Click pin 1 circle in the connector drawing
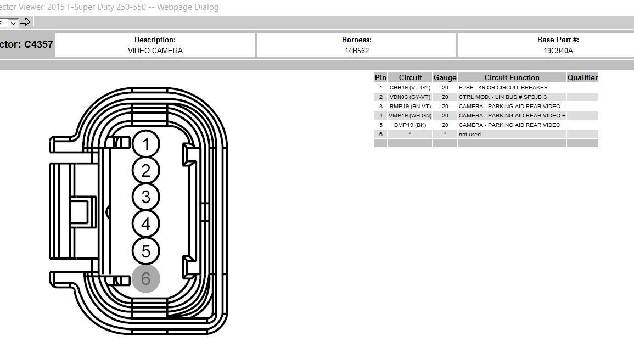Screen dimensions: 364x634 (x=145, y=144)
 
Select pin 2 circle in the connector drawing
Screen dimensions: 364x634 (x=145, y=171)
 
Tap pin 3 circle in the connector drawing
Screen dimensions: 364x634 (x=145, y=197)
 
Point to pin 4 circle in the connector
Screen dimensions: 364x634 (x=145, y=224)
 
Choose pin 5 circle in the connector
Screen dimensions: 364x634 (x=145, y=251)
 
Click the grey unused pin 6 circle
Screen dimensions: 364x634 (x=145, y=278)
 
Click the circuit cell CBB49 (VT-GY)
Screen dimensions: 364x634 (x=410, y=88)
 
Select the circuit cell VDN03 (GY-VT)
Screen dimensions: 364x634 (x=410, y=97)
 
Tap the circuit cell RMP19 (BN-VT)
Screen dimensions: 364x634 (x=410, y=107)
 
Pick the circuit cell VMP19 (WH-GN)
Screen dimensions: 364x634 (x=410, y=116)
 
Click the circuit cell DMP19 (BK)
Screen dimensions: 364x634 (x=410, y=125)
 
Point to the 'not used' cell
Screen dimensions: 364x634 (x=470, y=135)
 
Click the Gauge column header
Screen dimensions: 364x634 (x=445, y=78)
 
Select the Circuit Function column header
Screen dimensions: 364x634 (x=512, y=78)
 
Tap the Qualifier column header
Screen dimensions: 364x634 (x=582, y=78)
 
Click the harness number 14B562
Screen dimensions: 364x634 (x=356, y=51)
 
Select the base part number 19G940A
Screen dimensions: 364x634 (x=558, y=51)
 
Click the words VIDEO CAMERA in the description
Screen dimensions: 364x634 (x=155, y=51)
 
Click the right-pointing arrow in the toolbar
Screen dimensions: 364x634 (x=25, y=22)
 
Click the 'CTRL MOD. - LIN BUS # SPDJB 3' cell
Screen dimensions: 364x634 (x=502, y=97)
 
